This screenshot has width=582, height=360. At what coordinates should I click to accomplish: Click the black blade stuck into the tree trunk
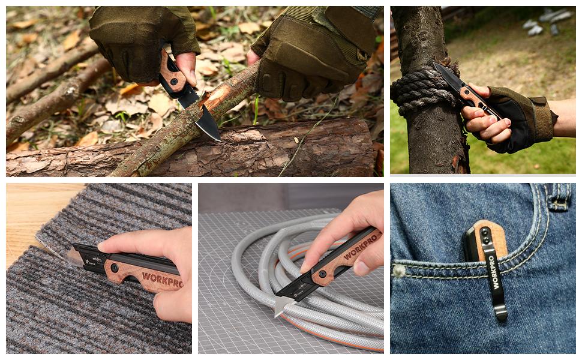click(447, 76)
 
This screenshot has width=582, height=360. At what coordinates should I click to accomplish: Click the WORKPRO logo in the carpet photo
click(162, 279)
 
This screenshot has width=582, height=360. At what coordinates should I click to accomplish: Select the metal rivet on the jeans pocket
click(398, 271)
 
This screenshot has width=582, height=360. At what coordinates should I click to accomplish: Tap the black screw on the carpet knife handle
click(115, 267)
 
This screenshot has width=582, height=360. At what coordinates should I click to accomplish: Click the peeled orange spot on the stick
click(215, 95)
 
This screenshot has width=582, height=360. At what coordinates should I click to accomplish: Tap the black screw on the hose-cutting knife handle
click(322, 274)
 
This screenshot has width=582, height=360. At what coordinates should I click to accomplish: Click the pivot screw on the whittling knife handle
click(174, 80)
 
